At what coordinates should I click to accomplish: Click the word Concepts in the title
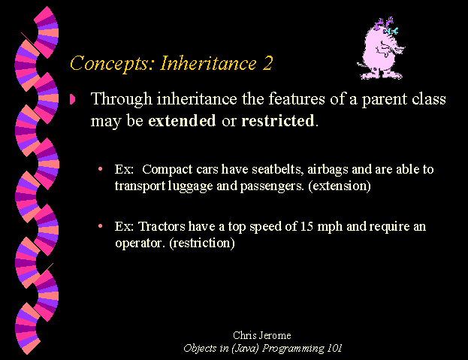(x=109, y=63)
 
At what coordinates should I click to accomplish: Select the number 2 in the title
(x=267, y=63)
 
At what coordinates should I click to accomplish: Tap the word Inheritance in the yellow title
(x=208, y=63)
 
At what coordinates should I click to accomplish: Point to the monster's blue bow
(x=391, y=31)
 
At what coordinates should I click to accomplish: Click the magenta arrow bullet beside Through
(x=73, y=98)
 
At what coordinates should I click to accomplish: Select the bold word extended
(x=182, y=120)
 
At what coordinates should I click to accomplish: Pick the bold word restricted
(x=278, y=120)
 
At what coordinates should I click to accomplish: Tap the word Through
(x=122, y=99)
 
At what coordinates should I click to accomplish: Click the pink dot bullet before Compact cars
(x=101, y=169)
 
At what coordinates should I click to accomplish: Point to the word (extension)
(x=340, y=186)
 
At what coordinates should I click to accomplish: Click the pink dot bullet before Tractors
(x=101, y=226)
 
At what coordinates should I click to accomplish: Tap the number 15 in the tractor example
(x=306, y=226)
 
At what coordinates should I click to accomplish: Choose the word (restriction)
(x=202, y=243)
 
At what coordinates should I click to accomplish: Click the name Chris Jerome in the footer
(x=261, y=335)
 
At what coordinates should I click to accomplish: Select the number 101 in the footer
(x=334, y=348)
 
